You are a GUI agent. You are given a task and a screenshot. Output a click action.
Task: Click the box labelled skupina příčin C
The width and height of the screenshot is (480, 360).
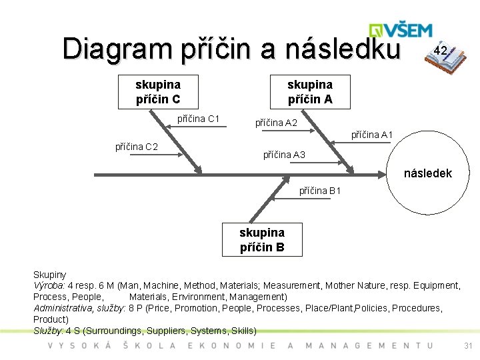pos(158,92)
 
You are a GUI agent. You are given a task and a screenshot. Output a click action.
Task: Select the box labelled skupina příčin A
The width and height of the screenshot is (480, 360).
pos(309,92)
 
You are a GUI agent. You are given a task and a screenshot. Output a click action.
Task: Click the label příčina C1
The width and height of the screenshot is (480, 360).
pos(199,119)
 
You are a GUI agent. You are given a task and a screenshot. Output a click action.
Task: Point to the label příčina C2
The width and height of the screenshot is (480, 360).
pos(137,147)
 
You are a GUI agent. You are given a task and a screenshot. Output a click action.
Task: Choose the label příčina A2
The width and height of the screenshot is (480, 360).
pos(277,123)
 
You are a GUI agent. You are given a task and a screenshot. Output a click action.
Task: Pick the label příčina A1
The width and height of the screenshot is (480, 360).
pos(372,135)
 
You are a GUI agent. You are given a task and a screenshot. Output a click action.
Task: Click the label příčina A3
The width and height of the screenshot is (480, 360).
pos(284,155)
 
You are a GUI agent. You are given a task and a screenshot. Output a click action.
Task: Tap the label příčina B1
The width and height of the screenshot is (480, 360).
pos(320,191)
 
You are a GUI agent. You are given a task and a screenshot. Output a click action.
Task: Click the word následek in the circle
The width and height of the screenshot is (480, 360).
pos(428,173)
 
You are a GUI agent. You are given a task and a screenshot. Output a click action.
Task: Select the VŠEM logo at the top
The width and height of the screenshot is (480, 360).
pos(401,31)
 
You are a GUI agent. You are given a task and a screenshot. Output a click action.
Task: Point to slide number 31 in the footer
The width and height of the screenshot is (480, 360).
pos(467,345)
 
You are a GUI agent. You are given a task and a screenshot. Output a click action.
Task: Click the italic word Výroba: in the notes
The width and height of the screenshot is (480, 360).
pos(49,285)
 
